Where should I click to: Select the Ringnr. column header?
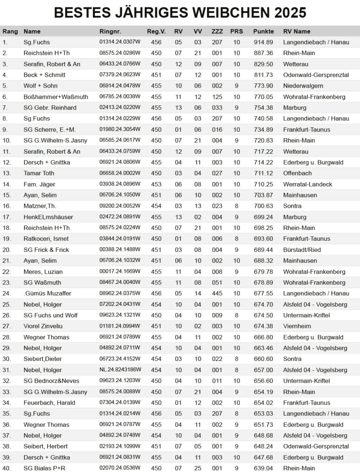110,32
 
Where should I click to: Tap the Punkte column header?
263,32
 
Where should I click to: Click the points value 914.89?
263,42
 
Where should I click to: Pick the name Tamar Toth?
39,173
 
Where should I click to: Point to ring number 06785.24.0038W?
120,97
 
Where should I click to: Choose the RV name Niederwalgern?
303,86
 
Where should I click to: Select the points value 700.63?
263,206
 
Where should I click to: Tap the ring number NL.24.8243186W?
120,370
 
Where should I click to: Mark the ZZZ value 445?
217,293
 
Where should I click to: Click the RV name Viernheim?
297,326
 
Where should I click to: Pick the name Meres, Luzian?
43,271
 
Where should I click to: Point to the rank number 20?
6,250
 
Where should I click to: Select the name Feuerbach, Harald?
49,403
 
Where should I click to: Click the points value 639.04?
263,468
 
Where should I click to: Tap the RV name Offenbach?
298,173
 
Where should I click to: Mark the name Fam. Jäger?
39,184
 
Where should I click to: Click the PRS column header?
236,32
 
